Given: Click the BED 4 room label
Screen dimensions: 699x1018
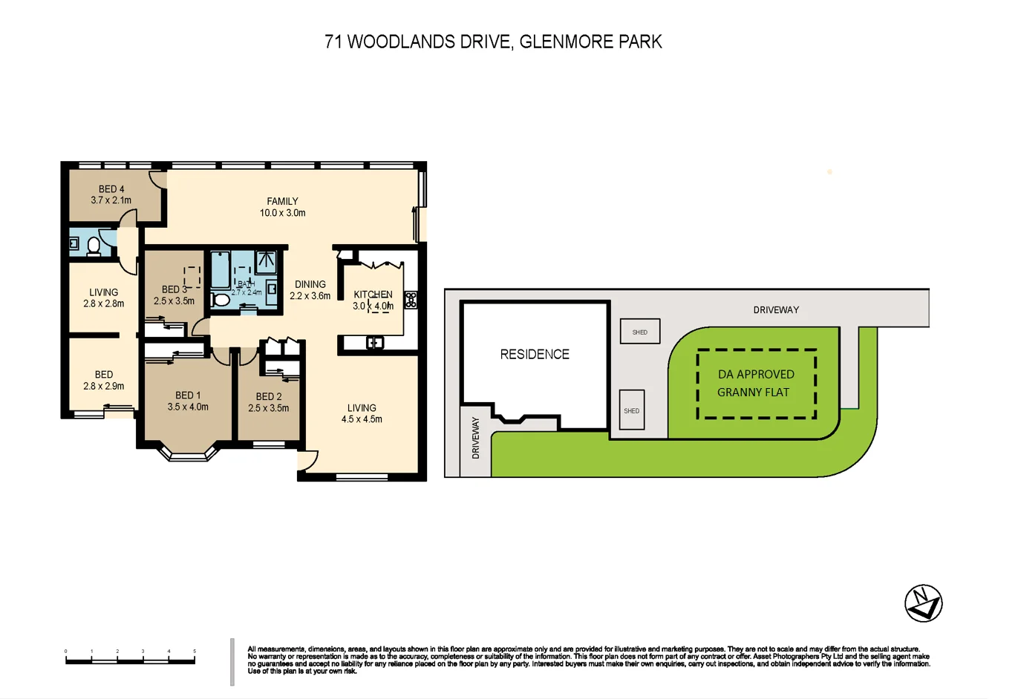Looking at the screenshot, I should (x=111, y=189).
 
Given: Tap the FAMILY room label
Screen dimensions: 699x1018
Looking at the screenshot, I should (x=282, y=201).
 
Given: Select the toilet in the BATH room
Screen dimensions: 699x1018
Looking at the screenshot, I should (x=221, y=300).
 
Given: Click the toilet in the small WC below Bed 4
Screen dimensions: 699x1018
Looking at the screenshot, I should (x=94, y=246).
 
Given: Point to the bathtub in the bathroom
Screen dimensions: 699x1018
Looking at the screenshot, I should (x=221, y=270).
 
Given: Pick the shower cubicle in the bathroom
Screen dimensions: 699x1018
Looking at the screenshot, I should (x=266, y=261).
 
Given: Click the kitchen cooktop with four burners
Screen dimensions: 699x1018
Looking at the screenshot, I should (x=411, y=300).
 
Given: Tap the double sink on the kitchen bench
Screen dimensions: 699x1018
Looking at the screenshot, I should (x=375, y=343).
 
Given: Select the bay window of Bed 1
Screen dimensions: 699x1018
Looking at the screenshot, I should (x=189, y=453).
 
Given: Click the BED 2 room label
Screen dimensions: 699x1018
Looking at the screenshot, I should (x=269, y=396).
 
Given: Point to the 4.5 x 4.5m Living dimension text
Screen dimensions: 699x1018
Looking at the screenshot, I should (x=362, y=419).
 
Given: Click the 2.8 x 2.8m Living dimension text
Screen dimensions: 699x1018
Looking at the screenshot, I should (x=103, y=303).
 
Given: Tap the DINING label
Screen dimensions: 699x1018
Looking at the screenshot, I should (x=310, y=284).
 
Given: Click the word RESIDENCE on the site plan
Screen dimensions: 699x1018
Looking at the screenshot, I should (x=535, y=355).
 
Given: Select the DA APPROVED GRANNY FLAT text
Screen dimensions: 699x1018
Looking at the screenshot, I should (x=755, y=383).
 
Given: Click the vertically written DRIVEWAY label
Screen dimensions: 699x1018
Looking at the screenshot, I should (x=476, y=438).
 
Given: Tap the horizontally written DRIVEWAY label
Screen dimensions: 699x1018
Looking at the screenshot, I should (x=776, y=309).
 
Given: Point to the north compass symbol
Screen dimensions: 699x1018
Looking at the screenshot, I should (x=923, y=603).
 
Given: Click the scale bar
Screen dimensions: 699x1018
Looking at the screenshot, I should (x=130, y=660).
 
